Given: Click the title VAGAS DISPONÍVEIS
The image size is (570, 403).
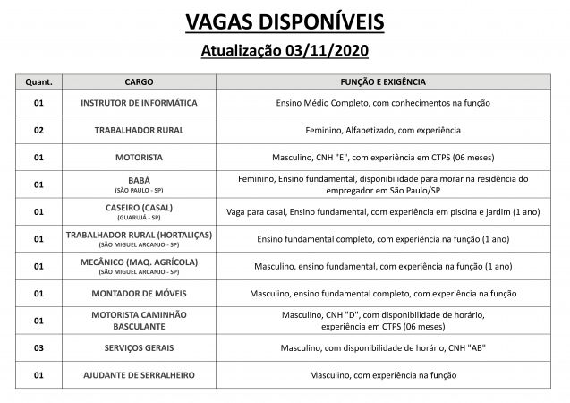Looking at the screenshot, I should point(285,21).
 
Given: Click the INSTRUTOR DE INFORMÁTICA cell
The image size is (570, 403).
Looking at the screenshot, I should point(139,103).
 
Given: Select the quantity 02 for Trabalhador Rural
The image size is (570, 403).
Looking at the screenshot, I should point(37,130).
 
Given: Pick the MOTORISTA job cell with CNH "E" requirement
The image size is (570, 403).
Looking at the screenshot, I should point(139,157).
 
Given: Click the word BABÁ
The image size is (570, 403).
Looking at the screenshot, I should point(139,179).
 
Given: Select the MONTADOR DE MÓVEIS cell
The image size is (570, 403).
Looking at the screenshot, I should point(139,293).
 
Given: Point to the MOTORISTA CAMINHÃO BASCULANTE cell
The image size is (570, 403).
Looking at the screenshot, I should point(139,320).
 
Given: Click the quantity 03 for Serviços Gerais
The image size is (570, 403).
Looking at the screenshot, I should point(37,347).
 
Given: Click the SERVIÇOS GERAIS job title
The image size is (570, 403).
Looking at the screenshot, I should point(139,347).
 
